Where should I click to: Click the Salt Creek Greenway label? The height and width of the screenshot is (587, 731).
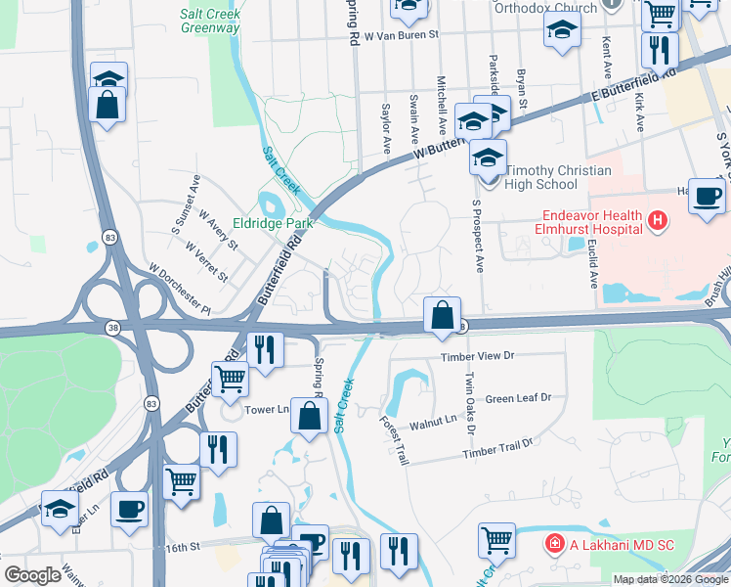click(x=209, y=22)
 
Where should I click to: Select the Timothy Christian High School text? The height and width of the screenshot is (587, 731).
click(x=556, y=177)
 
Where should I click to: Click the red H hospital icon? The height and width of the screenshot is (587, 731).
click(x=658, y=222)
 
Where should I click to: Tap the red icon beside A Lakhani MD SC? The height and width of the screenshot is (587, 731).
click(x=554, y=543)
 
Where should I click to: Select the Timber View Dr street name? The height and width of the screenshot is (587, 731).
click(x=477, y=357)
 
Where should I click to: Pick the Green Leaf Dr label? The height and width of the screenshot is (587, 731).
click(x=519, y=398)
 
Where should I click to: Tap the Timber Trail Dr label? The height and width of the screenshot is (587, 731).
click(x=498, y=449)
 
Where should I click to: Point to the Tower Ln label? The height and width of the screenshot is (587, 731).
click(x=268, y=409)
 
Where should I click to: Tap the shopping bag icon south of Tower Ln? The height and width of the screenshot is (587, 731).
click(x=309, y=416)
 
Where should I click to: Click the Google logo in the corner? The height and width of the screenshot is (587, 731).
click(x=32, y=575)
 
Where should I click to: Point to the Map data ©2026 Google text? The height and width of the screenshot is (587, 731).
click(x=670, y=579)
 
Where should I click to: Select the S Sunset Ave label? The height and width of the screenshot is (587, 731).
click(x=186, y=203)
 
